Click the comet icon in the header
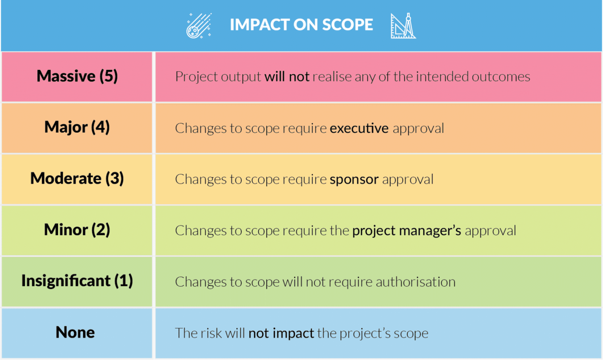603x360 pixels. click(199, 26)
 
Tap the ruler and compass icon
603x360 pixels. click(403, 26)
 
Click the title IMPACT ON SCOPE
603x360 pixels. click(301, 25)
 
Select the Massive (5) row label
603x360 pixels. click(77, 76)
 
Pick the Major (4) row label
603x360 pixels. click(77, 127)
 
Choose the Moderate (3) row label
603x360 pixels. click(77, 179)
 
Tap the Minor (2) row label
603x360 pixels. click(77, 230)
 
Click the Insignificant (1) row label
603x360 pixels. click(77, 281)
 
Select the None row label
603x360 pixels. click(75, 333)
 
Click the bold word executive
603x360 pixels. click(359, 128)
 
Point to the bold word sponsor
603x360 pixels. click(354, 180)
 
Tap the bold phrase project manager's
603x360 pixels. click(406, 231)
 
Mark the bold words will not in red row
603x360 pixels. click(287, 77)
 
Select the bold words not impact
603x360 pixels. click(281, 333)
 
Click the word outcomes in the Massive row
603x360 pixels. click(501, 77)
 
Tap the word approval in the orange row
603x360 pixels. click(418, 128)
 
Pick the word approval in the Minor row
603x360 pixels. click(490, 231)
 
